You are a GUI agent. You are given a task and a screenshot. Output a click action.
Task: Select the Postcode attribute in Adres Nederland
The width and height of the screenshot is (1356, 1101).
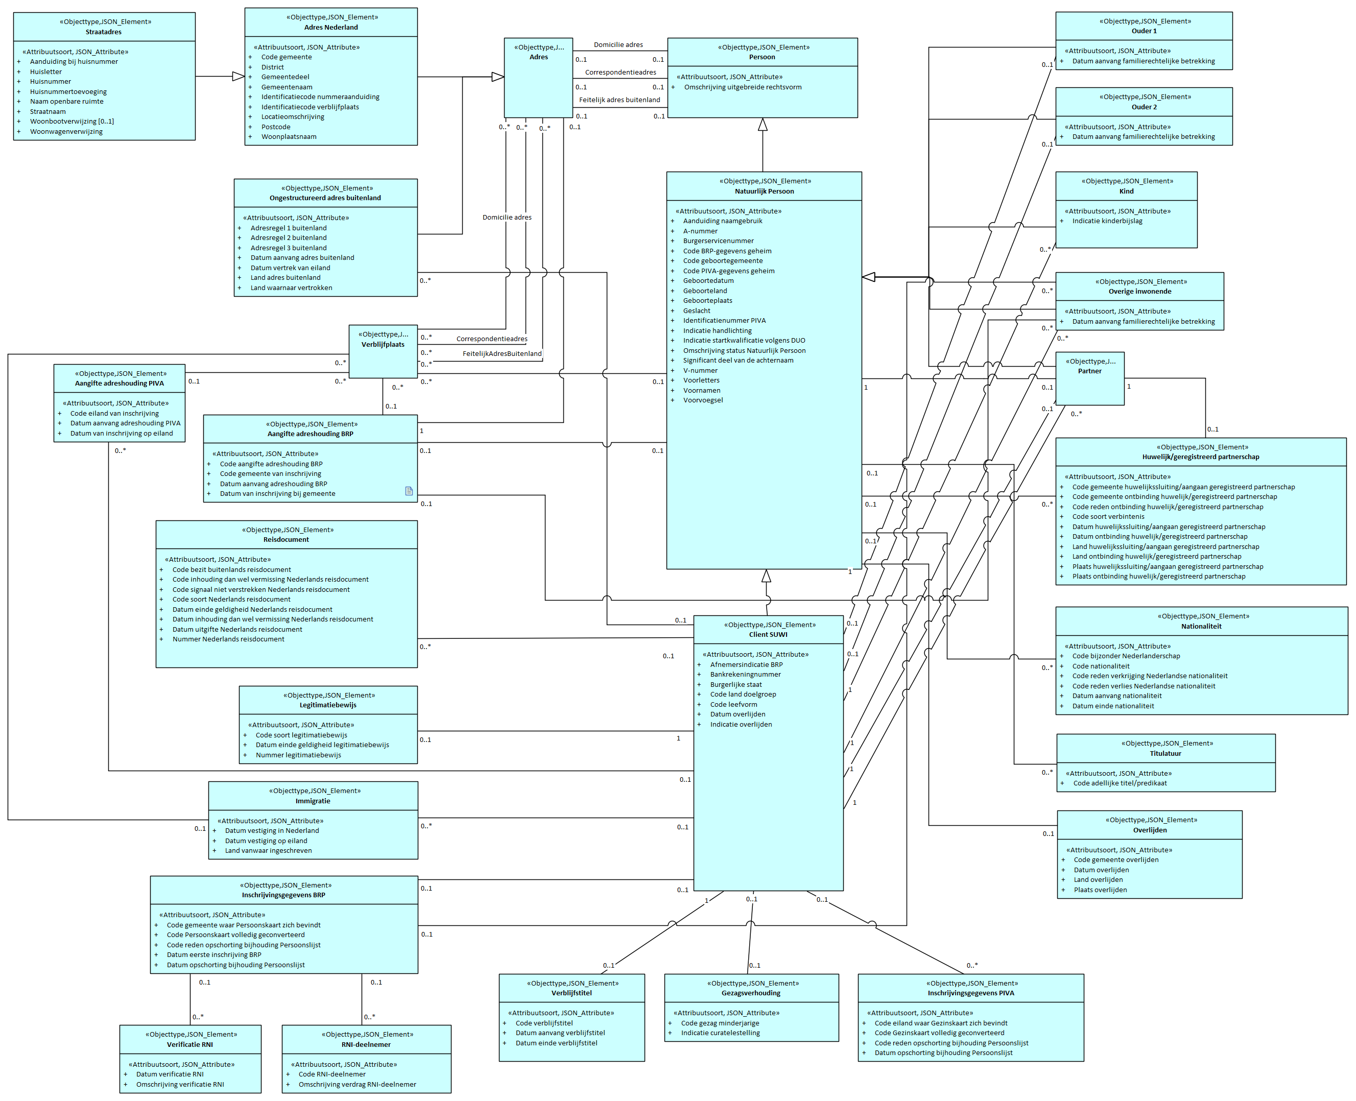pos(275,127)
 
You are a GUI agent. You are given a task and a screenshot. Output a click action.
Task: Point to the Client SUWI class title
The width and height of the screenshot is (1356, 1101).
pos(768,634)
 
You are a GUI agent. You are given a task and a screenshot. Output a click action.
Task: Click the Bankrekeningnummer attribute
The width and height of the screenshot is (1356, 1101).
pos(745,674)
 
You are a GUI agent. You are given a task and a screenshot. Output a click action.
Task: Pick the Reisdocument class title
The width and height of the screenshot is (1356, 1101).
pos(286,540)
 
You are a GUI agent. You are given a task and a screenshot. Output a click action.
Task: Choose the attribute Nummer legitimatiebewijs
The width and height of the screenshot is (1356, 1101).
pos(298,755)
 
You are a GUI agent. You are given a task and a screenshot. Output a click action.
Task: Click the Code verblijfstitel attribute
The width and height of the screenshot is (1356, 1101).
pos(543,1023)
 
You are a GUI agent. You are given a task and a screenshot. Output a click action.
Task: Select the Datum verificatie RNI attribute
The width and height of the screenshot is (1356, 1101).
pos(170,1074)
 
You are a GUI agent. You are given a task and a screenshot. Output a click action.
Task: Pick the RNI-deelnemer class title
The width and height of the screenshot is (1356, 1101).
pos(366,1044)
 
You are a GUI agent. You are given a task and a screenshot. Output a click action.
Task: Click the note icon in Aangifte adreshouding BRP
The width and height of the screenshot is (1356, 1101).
pos(409,491)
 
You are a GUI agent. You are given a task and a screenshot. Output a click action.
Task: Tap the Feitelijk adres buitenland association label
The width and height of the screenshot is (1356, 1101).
pos(619,100)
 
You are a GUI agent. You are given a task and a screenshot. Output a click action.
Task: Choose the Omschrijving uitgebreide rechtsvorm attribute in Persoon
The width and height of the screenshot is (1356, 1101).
pos(742,87)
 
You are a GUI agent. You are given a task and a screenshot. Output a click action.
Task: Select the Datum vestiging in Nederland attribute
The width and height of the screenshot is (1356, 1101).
pos(271,831)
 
